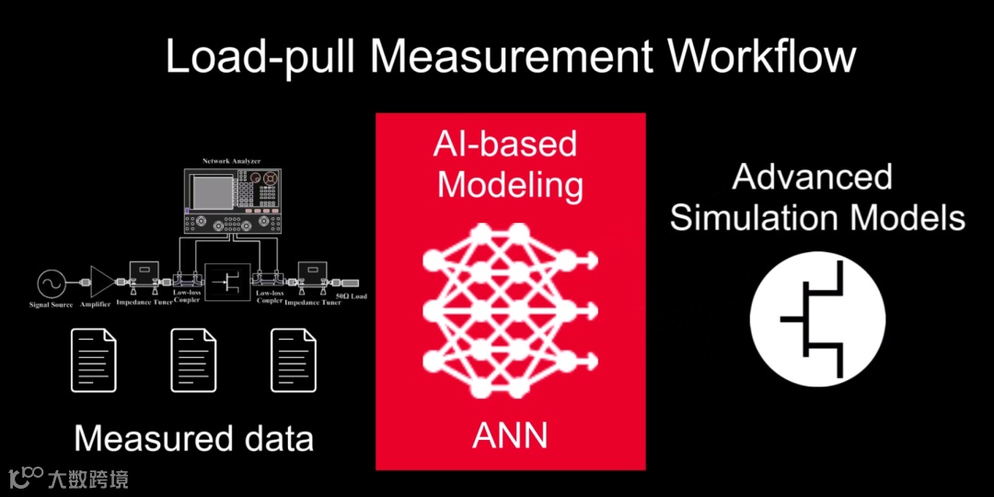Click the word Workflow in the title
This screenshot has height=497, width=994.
(762, 57)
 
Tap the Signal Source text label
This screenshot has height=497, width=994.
(52, 305)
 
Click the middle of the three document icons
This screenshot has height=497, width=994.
(193, 361)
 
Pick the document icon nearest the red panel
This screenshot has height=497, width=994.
(293, 361)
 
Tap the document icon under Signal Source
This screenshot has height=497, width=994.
(94, 361)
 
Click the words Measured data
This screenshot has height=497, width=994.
(193, 438)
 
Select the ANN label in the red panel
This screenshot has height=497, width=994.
(510, 435)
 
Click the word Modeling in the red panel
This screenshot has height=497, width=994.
(510, 185)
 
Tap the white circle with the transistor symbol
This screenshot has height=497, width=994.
(817, 318)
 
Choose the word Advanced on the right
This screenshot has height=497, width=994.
(812, 177)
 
